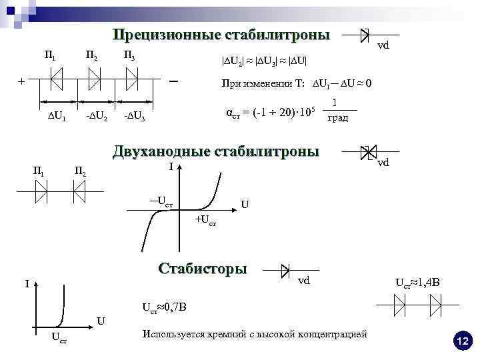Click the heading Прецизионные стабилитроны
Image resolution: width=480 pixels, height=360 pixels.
click(x=221, y=34)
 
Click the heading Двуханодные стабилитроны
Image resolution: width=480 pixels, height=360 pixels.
click(x=216, y=151)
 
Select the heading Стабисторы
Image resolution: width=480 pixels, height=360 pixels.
click(x=203, y=269)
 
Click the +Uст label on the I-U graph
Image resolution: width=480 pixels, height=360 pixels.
click(x=205, y=220)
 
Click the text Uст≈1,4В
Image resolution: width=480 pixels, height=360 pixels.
click(x=418, y=283)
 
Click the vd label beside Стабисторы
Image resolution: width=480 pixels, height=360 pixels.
click(x=303, y=281)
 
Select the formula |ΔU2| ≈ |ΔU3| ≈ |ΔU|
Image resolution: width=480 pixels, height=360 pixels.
click(x=263, y=61)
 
